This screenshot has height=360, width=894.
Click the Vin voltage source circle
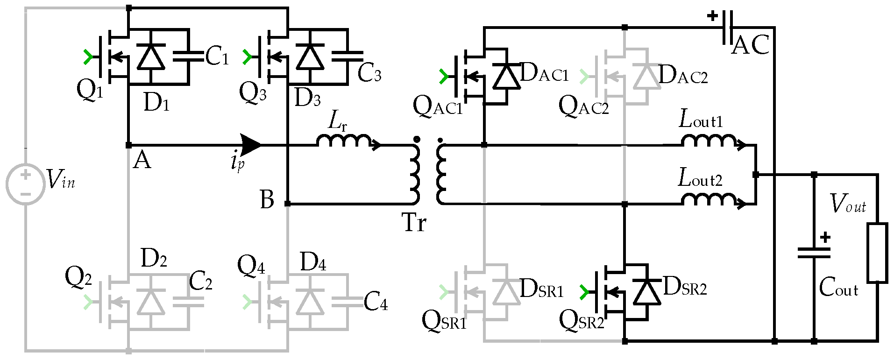[x=26, y=184]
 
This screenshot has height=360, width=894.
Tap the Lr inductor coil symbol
[x=345, y=140]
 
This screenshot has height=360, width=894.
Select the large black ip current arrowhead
[x=250, y=145]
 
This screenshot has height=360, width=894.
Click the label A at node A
[x=142, y=161]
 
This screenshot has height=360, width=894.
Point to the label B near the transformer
[x=267, y=199]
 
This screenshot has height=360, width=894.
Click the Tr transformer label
[x=414, y=223]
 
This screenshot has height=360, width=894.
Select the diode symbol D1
[x=150, y=56]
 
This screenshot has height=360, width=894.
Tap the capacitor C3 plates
[x=348, y=56]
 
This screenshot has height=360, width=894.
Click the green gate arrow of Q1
[x=87, y=57]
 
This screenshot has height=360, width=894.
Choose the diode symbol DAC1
[x=507, y=76]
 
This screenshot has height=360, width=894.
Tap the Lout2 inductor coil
[x=709, y=199]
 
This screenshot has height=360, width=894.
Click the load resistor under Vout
[x=877, y=253]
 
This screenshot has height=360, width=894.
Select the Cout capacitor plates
[x=814, y=253]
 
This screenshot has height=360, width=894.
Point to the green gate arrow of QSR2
[x=583, y=292]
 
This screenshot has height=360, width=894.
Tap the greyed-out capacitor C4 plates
[x=348, y=301]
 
